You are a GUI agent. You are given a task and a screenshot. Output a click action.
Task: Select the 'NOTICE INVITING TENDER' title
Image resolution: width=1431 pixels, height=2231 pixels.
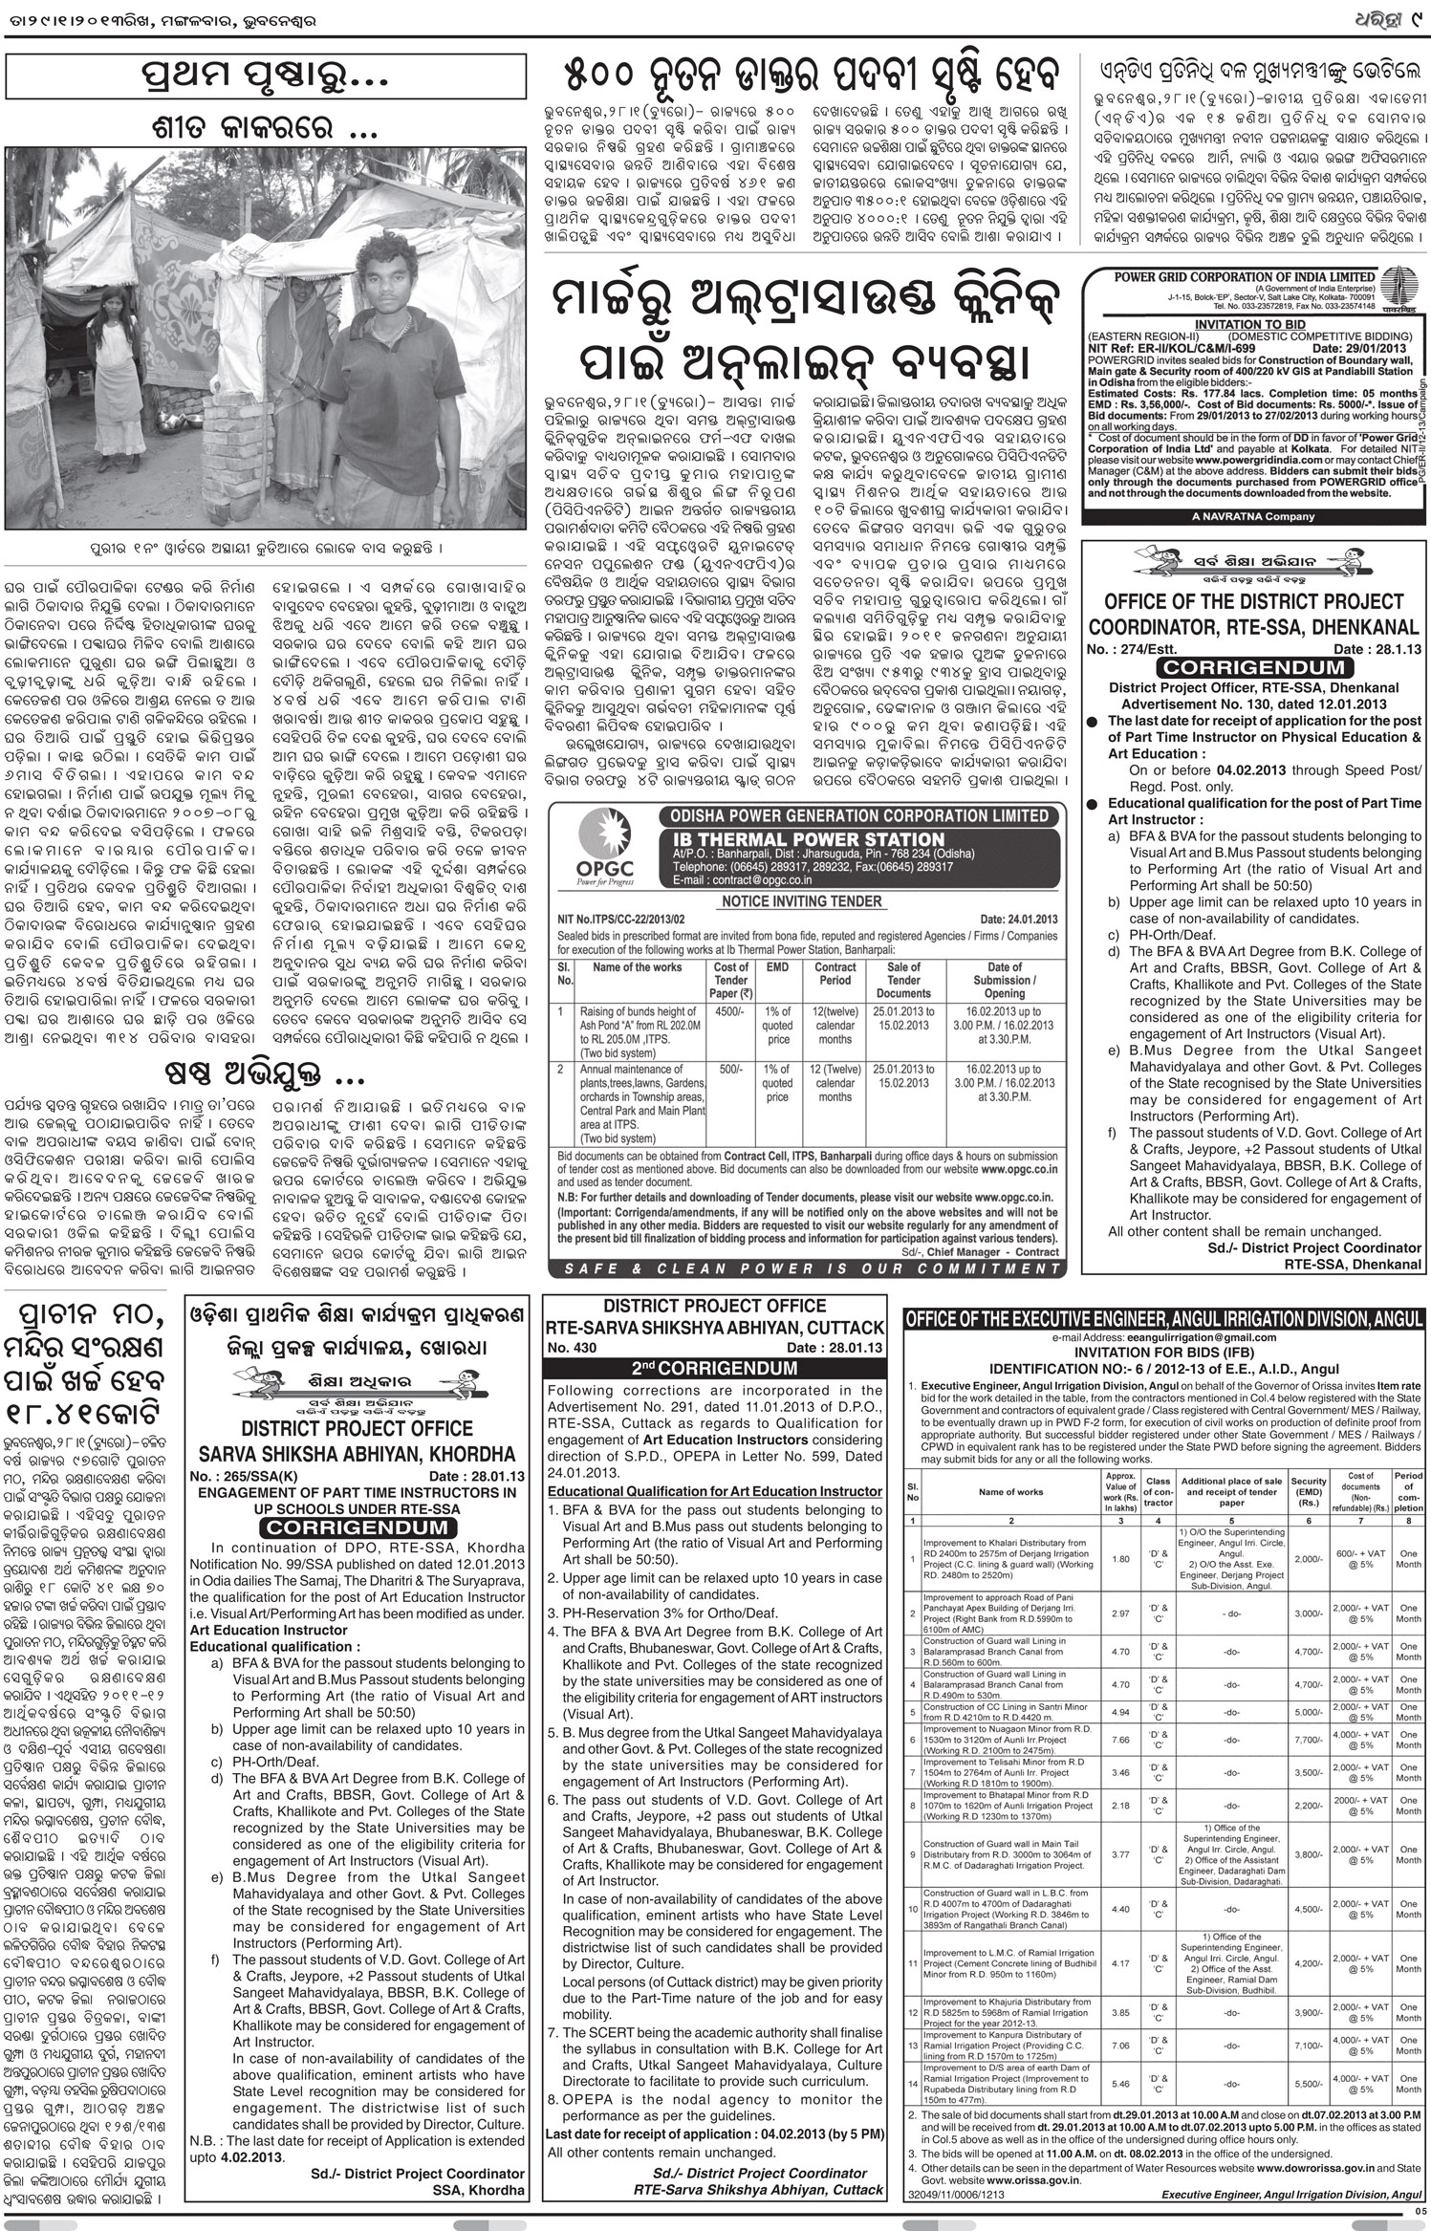801,900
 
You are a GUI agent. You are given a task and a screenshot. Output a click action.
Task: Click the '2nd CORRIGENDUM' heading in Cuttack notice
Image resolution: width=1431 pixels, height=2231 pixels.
714,1368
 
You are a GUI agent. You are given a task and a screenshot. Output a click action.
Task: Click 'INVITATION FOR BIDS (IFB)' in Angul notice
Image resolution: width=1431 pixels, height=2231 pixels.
1163,1352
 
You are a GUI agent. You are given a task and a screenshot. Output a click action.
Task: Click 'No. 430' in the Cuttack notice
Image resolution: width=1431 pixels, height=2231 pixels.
573,1348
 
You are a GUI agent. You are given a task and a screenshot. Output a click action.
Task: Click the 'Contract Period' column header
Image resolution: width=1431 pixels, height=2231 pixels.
835,974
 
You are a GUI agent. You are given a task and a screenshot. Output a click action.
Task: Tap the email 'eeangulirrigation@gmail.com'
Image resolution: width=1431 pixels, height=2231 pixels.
1163,1337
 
